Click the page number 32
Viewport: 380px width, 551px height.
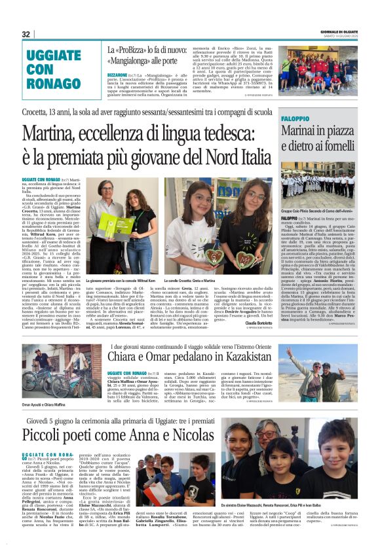pyautogui.click(x=26, y=34)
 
